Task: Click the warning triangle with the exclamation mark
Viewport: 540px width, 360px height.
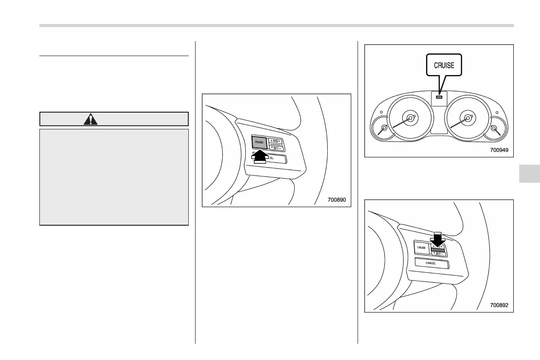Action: coord(91,119)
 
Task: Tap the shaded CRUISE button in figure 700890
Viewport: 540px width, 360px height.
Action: coord(259,142)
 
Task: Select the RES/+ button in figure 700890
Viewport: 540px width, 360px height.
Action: coord(275,140)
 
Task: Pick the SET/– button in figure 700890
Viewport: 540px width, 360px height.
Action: coord(275,147)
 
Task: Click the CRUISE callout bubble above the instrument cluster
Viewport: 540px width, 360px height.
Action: coord(444,65)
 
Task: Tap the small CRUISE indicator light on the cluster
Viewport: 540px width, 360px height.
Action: coord(439,96)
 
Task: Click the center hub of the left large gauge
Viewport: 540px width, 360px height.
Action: coord(410,118)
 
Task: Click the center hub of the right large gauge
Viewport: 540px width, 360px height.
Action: coord(468,118)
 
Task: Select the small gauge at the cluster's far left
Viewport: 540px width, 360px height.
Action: coord(384,128)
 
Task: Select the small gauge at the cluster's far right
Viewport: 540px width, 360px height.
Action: coord(495,128)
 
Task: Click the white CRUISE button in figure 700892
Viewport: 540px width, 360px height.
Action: coord(421,248)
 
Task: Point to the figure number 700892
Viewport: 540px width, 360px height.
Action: coord(499,305)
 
